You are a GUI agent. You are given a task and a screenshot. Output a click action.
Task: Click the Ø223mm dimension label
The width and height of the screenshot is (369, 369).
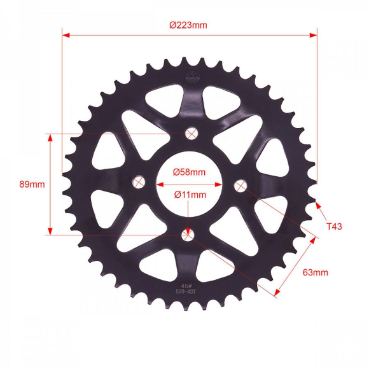coord(188,25)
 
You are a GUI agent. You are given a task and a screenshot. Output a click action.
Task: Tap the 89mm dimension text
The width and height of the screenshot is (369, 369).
coord(32,184)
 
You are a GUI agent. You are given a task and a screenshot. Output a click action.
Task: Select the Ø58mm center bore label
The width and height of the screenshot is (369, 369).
coord(189,172)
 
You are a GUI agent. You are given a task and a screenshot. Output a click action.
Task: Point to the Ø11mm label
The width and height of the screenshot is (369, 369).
coord(190,195)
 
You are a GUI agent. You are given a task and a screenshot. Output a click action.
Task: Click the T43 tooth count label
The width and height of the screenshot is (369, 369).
coord(334,226)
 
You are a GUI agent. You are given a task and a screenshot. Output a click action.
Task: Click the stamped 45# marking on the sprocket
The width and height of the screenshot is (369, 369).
coord(186,286)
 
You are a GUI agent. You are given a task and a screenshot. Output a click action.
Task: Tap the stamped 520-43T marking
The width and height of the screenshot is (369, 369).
coord(186,292)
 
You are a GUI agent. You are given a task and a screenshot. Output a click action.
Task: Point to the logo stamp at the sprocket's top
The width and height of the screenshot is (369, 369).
coord(191,77)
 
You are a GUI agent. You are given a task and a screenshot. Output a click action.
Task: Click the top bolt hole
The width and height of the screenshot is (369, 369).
coord(190,133)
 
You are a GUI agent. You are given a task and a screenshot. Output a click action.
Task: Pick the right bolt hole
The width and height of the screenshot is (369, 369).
coord(240,185)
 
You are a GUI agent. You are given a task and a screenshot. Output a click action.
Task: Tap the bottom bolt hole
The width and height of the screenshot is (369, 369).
coord(188,235)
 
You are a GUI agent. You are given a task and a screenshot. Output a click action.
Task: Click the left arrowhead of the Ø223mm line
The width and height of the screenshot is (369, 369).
coord(66,35)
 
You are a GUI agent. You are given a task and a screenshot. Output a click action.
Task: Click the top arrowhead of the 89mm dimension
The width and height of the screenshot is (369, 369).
coord(50,137)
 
